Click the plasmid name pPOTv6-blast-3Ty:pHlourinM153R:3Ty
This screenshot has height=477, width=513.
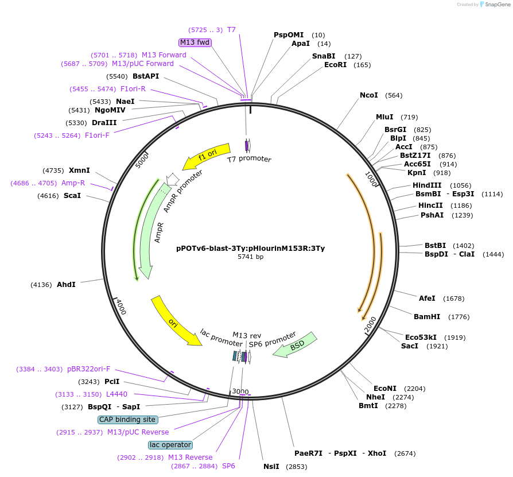[250, 249]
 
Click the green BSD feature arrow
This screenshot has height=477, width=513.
[296, 344]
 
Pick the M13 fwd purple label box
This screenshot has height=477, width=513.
[195, 42]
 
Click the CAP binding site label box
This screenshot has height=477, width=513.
[127, 420]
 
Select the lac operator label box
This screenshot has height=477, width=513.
[170, 445]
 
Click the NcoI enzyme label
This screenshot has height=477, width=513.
[369, 95]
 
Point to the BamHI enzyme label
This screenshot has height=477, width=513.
[427, 317]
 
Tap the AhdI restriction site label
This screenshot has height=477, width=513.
[66, 285]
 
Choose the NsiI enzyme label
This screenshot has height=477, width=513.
[271, 466]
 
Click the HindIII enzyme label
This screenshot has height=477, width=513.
[427, 185]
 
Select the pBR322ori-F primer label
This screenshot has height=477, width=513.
[88, 369]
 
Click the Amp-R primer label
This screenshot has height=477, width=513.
[73, 183]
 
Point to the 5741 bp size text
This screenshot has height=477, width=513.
[250, 257]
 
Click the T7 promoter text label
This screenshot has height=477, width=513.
[249, 159]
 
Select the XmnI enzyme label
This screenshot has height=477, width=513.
[79, 170]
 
